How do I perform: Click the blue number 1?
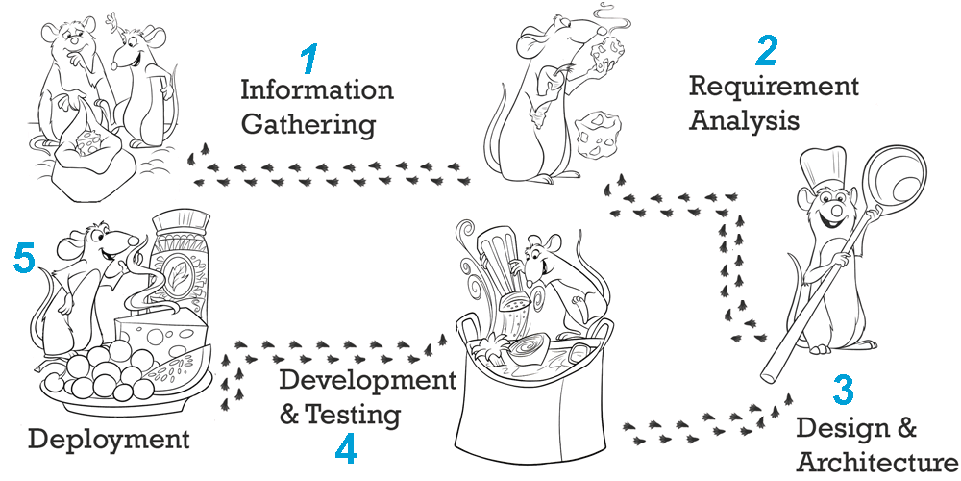[310, 59]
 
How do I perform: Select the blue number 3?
[844, 390]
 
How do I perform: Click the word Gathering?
[308, 125]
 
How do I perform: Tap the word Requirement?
[774, 87]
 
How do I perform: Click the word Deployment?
[110, 440]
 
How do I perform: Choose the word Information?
[317, 90]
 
